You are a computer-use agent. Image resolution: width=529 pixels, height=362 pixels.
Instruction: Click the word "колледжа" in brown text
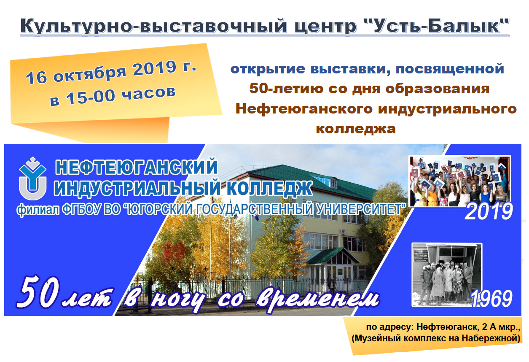pos(356,129)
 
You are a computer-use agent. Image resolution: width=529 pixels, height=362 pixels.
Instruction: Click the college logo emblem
pos(32,178)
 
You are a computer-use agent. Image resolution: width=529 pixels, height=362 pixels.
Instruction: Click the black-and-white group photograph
pos(447,275)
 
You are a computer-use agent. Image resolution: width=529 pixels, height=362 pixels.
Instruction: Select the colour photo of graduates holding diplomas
pos(459,181)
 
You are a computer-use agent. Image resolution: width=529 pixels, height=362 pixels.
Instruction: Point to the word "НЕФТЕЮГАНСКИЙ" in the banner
pos(137,167)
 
